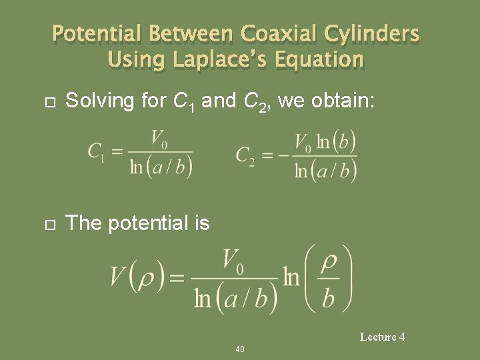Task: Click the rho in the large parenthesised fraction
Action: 328,265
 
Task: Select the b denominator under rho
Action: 328,297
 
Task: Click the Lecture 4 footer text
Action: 382,337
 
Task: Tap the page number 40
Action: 240,349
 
